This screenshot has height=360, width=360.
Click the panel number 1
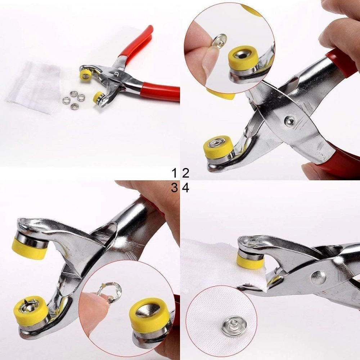tap(175, 174)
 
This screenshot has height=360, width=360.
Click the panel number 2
tap(185, 174)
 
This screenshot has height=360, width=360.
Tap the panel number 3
tap(175, 187)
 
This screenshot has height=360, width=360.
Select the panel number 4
tap(186, 187)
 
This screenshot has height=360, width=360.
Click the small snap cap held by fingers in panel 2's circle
tap(219, 41)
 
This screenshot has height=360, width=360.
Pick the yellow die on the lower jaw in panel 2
tap(217, 148)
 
